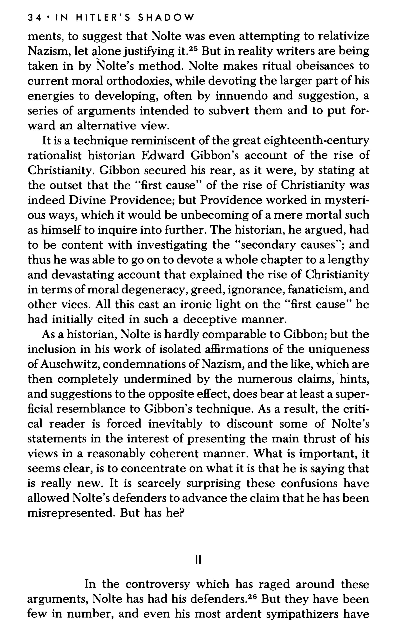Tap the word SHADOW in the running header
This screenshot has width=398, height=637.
tap(166, 18)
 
